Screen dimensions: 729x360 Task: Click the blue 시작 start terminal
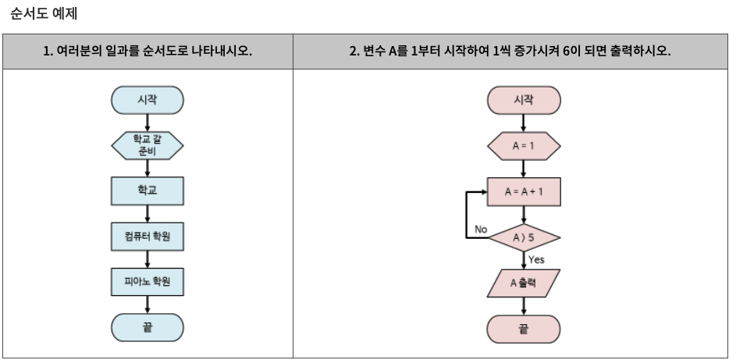coord(148,100)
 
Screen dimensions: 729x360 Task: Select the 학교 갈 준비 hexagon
coord(148,145)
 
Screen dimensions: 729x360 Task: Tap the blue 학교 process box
coord(148,191)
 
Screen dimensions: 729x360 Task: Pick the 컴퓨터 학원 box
coord(148,236)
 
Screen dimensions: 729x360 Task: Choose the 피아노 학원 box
coord(148,281)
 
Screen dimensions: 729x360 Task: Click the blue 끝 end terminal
coord(148,328)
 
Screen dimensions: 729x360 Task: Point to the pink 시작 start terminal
coord(524,100)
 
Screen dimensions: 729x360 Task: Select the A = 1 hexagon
coord(524,146)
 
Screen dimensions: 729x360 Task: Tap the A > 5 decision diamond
coord(524,237)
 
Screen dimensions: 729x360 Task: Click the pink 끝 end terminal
coord(524,329)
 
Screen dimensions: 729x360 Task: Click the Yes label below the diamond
coord(536,259)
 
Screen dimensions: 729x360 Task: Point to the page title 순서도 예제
coord(44,13)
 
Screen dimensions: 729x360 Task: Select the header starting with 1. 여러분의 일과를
coord(148,52)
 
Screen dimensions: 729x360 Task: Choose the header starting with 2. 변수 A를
coord(510,52)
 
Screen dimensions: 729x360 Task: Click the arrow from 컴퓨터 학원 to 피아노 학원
coord(148,258)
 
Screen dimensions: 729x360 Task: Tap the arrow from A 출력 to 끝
coord(524,306)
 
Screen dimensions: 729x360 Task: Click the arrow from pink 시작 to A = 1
coord(524,123)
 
